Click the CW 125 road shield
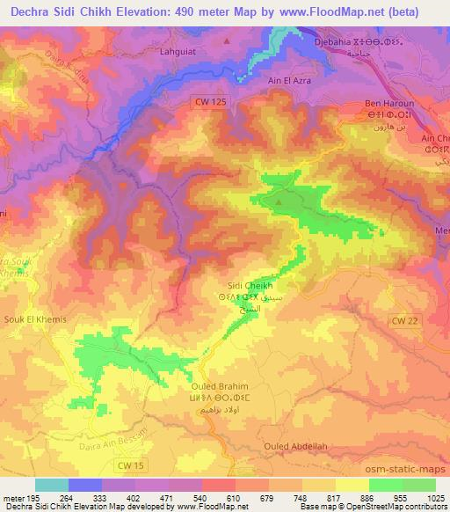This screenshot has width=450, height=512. pos(208,102)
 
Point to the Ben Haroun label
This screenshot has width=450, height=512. pos(388,104)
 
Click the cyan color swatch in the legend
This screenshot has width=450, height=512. pos(52,485)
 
